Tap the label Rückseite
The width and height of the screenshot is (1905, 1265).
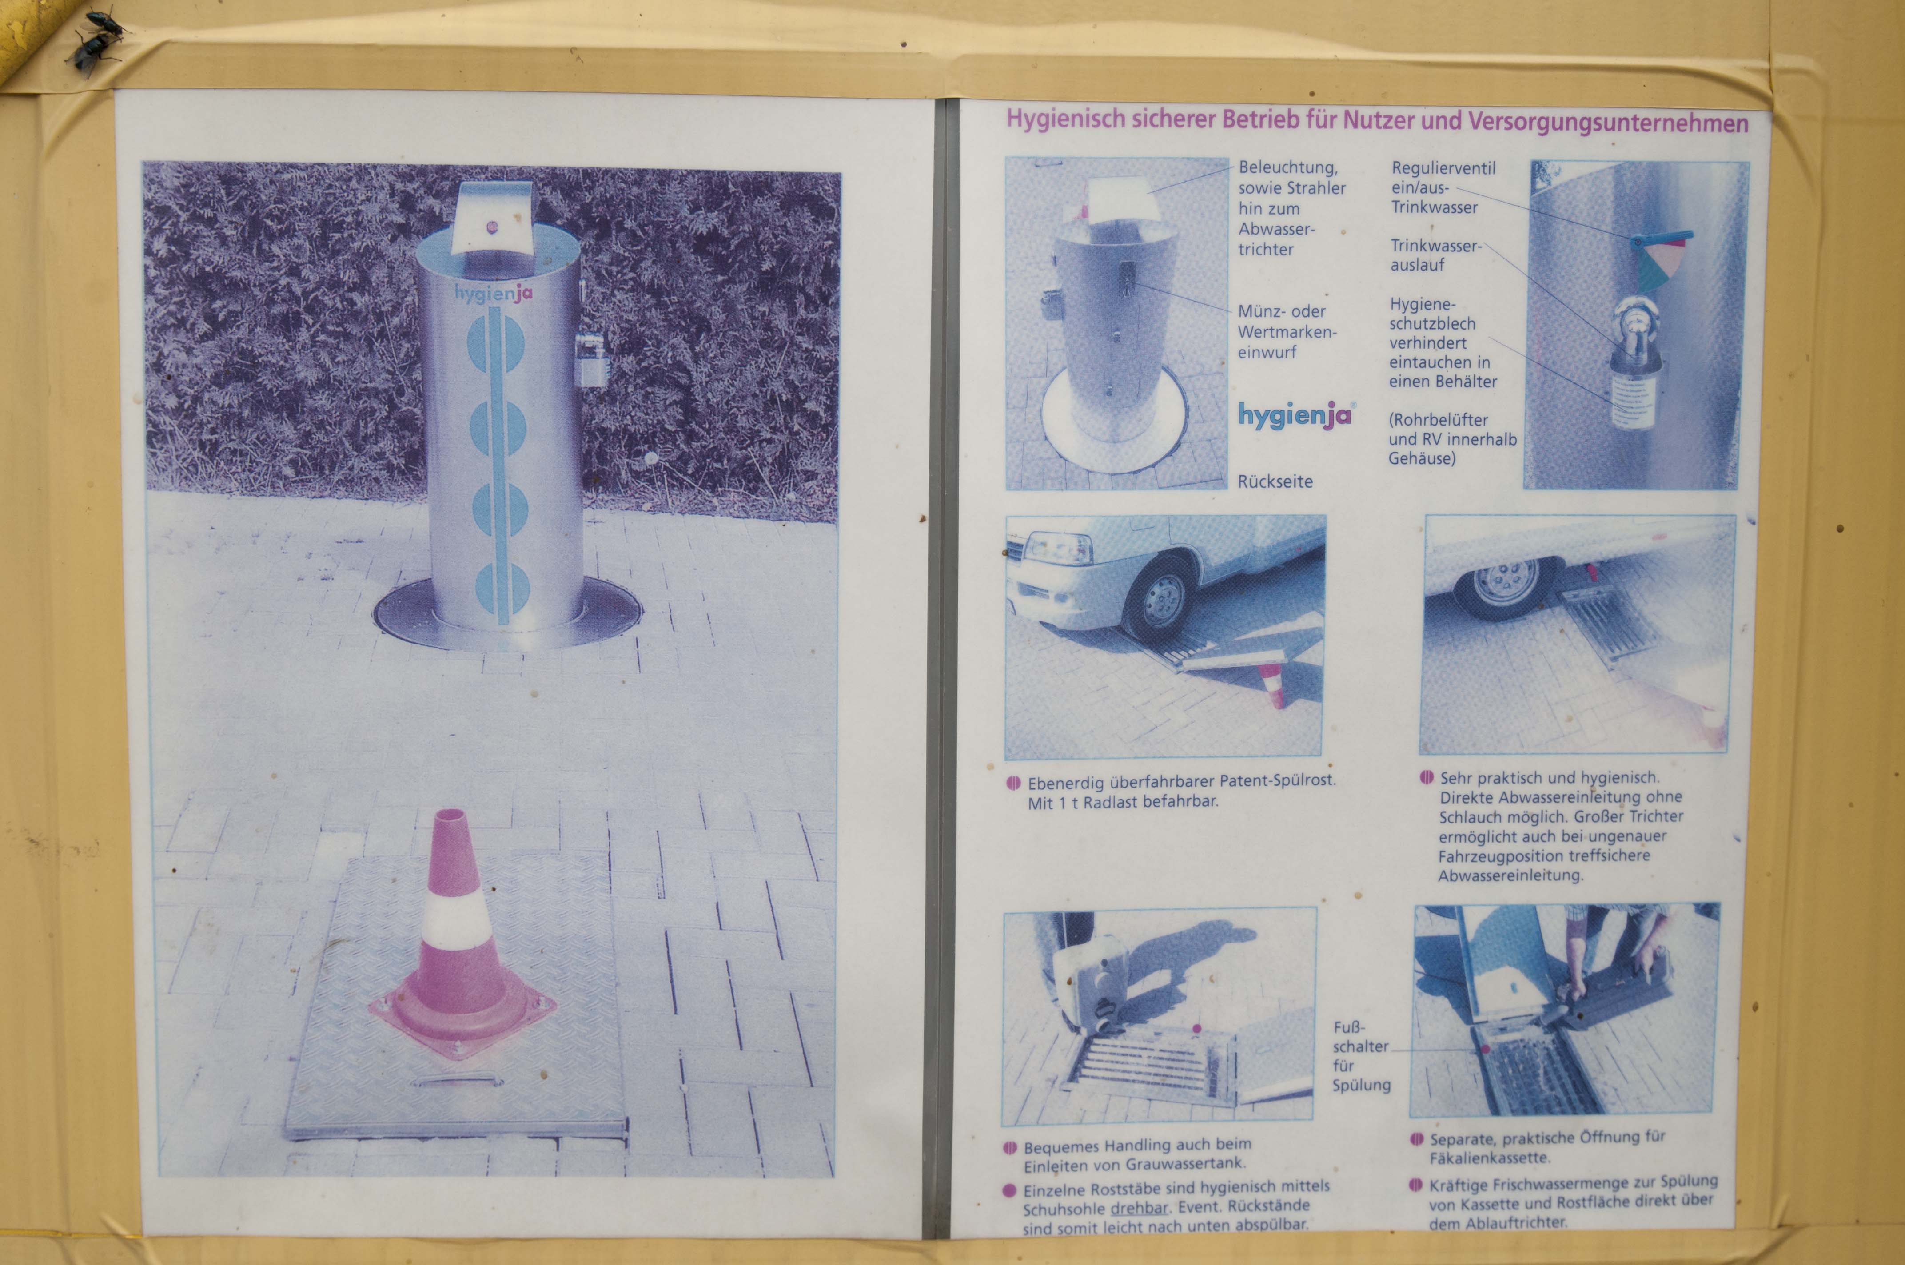click(x=1275, y=481)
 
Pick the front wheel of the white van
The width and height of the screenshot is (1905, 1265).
click(x=1160, y=600)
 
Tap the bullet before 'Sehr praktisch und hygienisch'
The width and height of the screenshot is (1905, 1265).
click(x=1427, y=777)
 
